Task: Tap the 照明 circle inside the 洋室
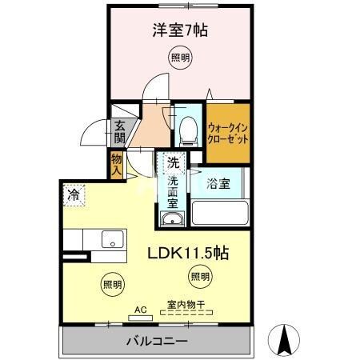tap(180, 57)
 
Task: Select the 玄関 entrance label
tap(119, 130)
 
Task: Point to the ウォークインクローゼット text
tap(228, 131)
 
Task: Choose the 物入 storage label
tap(117, 165)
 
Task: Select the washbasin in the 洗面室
tap(171, 218)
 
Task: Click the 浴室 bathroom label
tap(219, 183)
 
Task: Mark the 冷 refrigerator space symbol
tap(74, 194)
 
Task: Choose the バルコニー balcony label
tap(157, 342)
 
